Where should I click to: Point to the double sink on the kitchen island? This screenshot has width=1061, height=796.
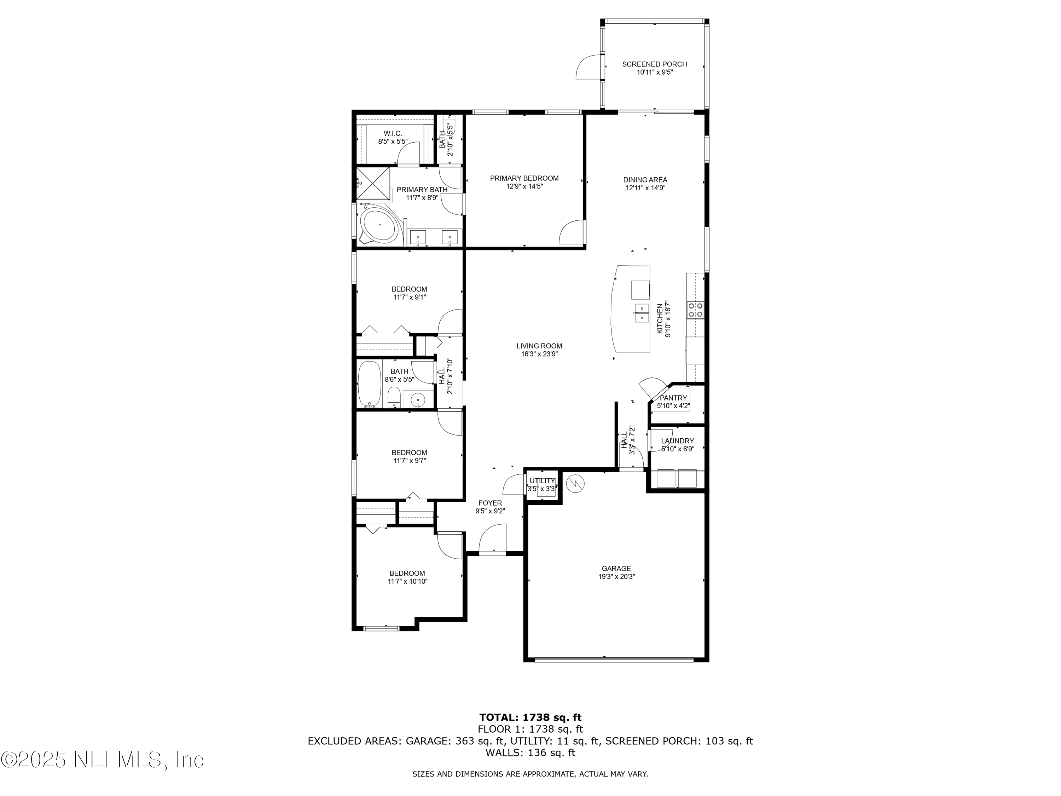tap(641, 312)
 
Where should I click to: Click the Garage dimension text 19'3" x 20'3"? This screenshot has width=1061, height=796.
tap(616, 577)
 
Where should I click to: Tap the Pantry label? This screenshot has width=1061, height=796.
tap(673, 398)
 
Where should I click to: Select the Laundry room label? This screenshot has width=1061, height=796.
tap(677, 441)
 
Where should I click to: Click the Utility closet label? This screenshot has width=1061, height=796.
tap(542, 481)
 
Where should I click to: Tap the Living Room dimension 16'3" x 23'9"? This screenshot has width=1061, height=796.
tap(539, 354)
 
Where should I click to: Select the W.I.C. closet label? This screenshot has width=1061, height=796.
tap(392, 133)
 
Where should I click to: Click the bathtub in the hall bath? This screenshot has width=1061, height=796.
tap(369, 383)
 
